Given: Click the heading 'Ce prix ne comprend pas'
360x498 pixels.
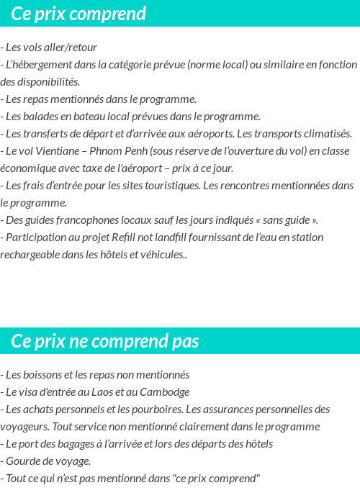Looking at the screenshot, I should (105, 341).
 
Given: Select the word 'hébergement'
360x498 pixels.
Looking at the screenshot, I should (44, 65).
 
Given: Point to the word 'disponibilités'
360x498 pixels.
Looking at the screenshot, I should (44, 82).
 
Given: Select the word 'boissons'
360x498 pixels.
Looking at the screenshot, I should (41, 375).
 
